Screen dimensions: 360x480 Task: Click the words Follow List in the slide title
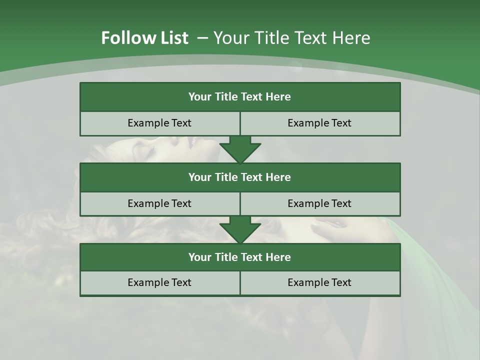(x=144, y=38)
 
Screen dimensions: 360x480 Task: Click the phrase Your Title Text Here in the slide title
(x=291, y=38)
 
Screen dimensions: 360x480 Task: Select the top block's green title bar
(x=240, y=97)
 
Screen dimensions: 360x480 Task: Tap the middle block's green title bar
(x=240, y=177)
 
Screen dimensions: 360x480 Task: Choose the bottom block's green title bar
(x=240, y=257)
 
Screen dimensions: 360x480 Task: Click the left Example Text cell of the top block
(x=159, y=123)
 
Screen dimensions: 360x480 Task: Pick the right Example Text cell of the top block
(x=320, y=123)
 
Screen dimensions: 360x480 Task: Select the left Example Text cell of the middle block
(x=159, y=203)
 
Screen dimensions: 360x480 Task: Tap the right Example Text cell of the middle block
(x=320, y=203)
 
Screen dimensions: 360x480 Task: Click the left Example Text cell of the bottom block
(x=159, y=282)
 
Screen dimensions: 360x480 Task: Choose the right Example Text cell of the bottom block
(x=320, y=282)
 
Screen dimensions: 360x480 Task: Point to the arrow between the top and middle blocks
(x=240, y=149)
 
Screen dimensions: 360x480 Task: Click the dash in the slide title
(x=203, y=38)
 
